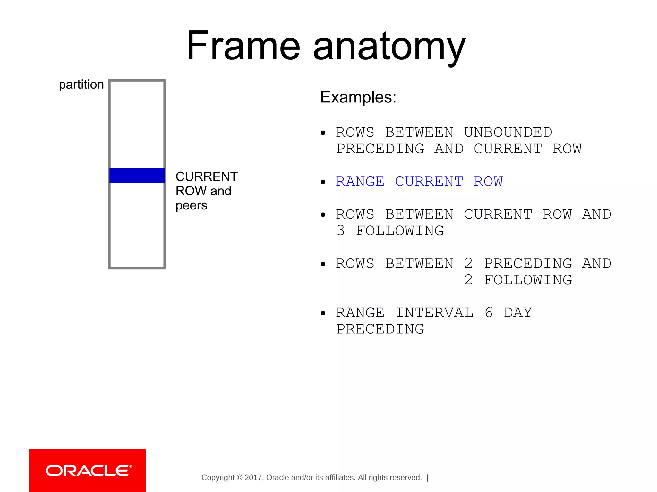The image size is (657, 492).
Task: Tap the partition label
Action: click(x=81, y=85)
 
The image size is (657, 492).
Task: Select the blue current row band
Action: click(x=137, y=176)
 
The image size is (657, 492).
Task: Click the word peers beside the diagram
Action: click(x=191, y=206)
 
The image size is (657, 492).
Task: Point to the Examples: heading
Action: click(x=358, y=97)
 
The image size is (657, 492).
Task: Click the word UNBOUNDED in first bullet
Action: click(x=508, y=132)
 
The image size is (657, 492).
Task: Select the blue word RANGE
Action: click(x=360, y=182)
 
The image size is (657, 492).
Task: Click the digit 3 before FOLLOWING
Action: click(x=341, y=231)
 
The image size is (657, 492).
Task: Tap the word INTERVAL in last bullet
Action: click(x=434, y=313)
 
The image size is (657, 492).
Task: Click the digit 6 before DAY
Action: click(x=489, y=313)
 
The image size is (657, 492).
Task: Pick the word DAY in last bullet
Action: click(x=518, y=313)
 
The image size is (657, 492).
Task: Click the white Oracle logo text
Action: click(x=88, y=471)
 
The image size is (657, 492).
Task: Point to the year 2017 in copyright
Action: click(x=253, y=478)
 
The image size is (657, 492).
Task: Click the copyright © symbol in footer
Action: click(x=239, y=478)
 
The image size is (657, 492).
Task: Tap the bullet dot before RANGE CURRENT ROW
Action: click(x=323, y=182)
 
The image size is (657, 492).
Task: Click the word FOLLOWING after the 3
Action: click(x=400, y=231)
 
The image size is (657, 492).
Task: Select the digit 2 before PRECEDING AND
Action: click(x=468, y=264)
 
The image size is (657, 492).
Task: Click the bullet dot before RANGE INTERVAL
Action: click(x=323, y=313)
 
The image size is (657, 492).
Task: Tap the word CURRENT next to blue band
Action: click(x=207, y=176)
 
